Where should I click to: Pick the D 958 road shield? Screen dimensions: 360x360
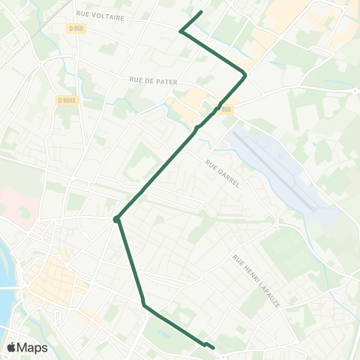[226, 109]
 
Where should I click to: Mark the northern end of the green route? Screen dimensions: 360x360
[202, 12]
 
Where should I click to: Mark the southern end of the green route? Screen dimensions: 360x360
[214, 347]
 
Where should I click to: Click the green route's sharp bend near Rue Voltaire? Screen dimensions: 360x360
[181, 31]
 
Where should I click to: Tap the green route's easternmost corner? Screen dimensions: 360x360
[245, 74]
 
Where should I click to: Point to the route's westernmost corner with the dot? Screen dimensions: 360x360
[116, 219]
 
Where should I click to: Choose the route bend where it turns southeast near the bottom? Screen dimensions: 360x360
[143, 304]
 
